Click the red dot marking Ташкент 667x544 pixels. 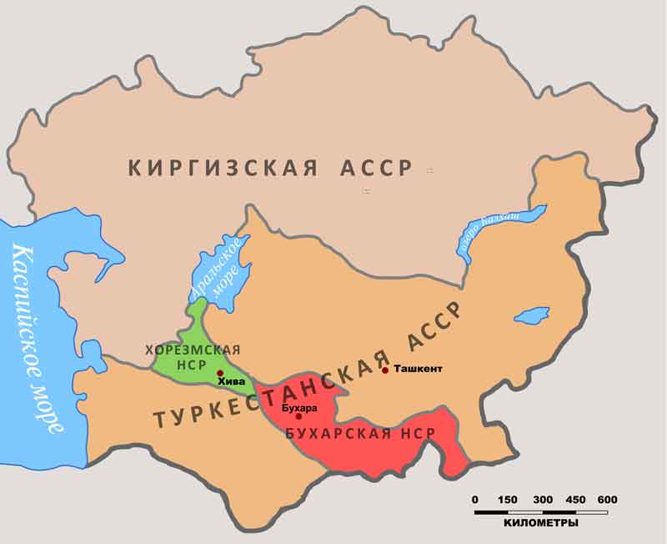(385, 370)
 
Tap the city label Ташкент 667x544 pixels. (417, 369)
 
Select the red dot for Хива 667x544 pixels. (219, 373)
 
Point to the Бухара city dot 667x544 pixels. (298, 416)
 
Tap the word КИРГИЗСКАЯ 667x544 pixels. (223, 168)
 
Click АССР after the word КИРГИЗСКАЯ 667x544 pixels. (376, 168)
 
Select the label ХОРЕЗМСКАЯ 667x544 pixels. (193, 350)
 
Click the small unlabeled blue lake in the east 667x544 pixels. (530, 317)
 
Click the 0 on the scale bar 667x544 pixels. (475, 500)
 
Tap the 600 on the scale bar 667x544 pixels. (607, 500)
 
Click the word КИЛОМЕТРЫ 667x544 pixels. (541, 523)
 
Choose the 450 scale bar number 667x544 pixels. (574, 500)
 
